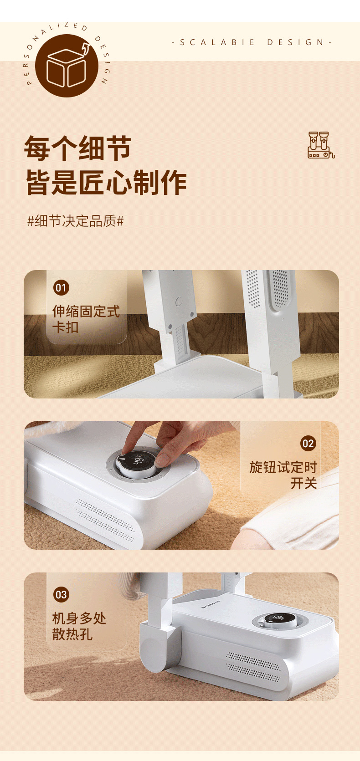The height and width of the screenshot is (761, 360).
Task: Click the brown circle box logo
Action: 67,66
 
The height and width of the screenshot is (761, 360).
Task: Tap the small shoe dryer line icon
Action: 321,145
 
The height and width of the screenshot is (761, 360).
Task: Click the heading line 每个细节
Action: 78,148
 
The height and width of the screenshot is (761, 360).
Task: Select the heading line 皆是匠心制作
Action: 106,183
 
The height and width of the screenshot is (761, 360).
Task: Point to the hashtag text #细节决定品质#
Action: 76,221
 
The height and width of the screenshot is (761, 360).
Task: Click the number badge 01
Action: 61,288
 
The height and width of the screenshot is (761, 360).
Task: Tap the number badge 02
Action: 308,444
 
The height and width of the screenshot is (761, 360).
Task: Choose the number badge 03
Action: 61,594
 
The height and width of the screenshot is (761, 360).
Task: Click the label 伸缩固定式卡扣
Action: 86,319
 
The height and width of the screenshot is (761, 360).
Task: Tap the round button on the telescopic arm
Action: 179,301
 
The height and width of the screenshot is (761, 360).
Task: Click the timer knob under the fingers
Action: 136,461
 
